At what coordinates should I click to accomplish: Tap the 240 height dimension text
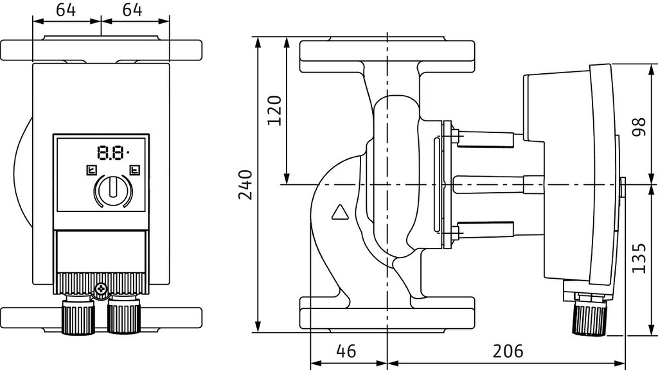[245, 185]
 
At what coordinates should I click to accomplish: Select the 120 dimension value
[274, 110]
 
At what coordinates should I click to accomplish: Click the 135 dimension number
[639, 258]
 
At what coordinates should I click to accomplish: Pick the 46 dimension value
[346, 351]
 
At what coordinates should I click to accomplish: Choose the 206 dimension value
[508, 351]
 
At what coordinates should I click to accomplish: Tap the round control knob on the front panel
[112, 190]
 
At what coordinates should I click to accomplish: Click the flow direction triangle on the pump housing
[339, 212]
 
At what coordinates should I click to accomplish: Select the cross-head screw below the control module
[101, 290]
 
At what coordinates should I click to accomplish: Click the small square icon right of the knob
[134, 170]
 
